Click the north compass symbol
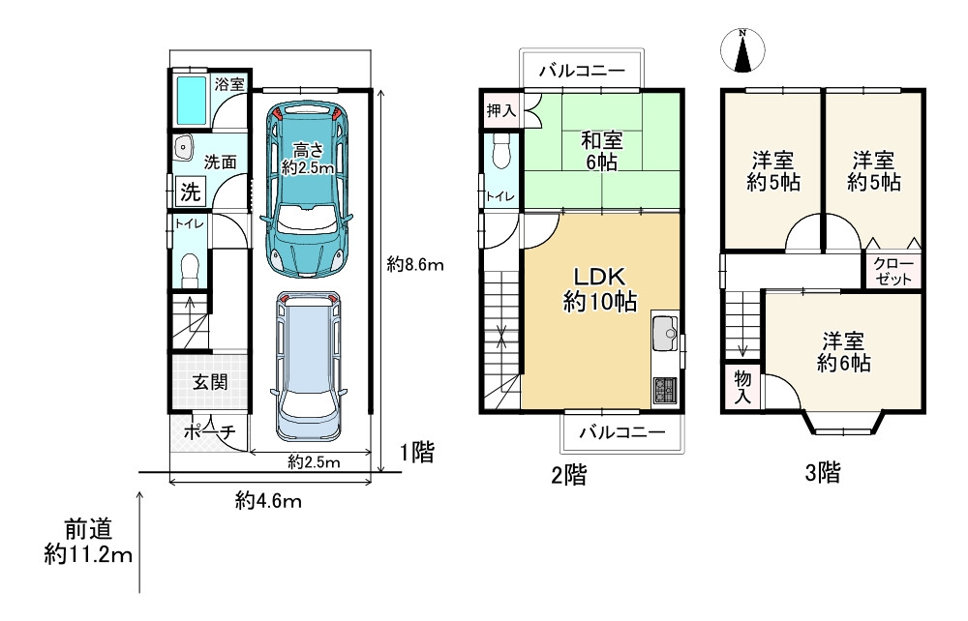coord(742,50)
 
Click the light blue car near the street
coord(308,366)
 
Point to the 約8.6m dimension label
coord(415,265)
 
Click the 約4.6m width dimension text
coord(268,501)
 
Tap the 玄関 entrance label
coord(210,382)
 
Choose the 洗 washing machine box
coord(190,192)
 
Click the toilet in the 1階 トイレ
coord(190,271)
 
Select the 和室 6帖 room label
coord(601,151)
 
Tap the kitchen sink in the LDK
coord(665,333)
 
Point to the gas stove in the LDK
coord(665,390)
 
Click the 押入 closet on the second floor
coord(500,111)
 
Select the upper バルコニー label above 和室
coord(582,71)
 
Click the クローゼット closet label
coord(893,272)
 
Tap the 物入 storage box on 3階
coord(742,387)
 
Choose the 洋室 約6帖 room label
coord(843,351)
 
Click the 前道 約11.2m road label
coord(88,542)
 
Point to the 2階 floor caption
coord(568,475)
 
